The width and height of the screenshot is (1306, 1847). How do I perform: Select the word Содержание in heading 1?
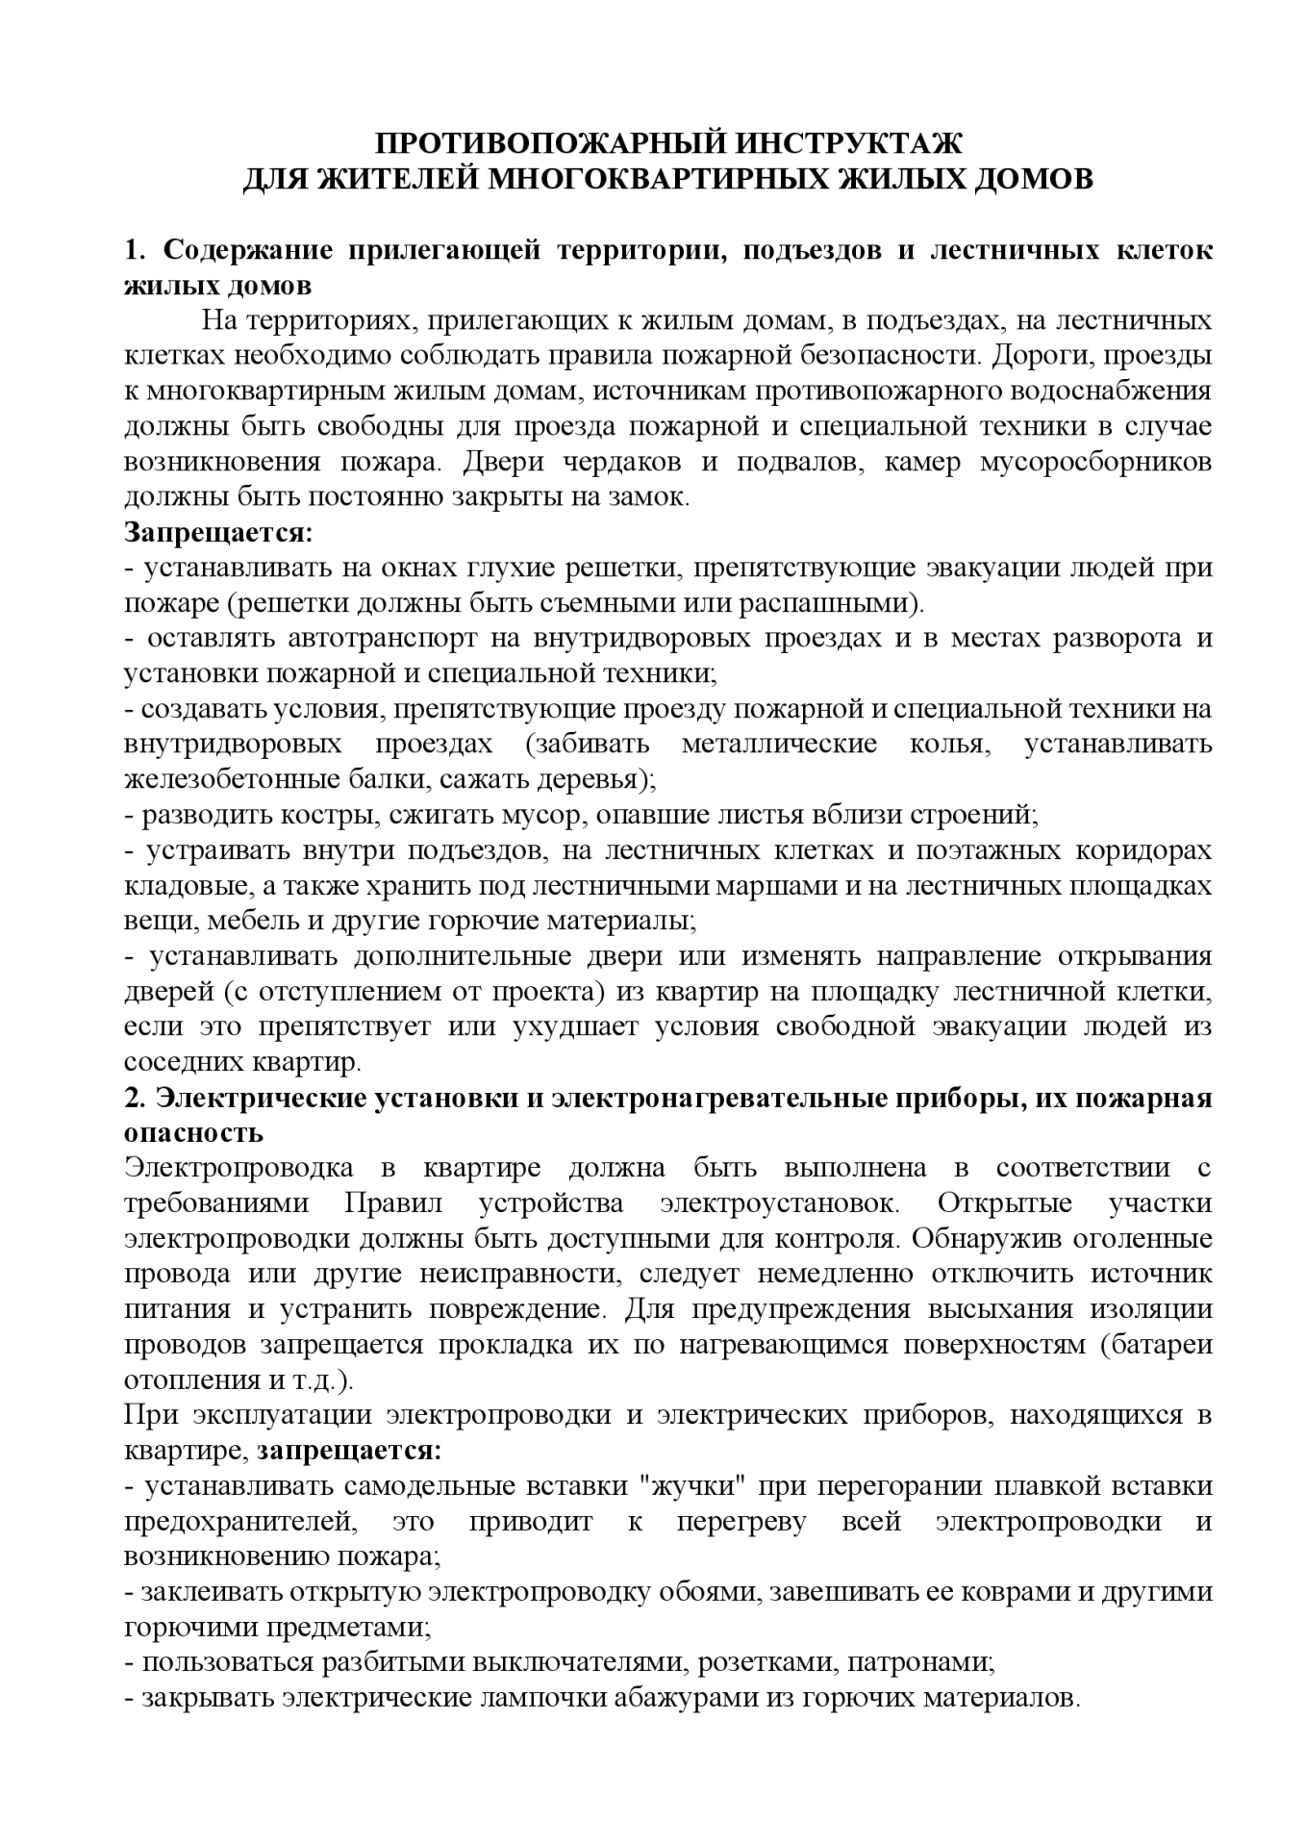(x=247, y=250)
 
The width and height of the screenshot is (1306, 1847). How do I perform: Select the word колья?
(x=951, y=745)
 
